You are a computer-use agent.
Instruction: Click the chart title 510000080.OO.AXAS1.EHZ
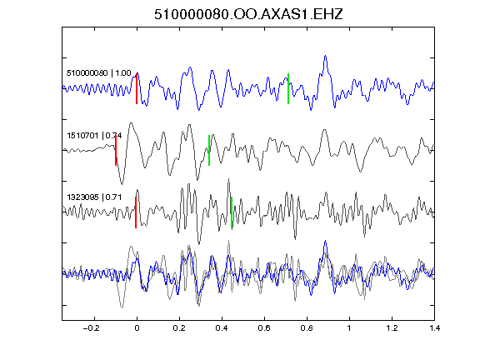248,14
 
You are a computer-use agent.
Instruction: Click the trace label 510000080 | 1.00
99,73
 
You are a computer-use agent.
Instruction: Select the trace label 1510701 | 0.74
94,135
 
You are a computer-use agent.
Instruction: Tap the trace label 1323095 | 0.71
94,197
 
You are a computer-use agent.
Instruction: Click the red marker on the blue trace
137,89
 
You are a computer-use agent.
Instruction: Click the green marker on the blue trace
288,89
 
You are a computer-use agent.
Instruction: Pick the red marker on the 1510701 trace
116,151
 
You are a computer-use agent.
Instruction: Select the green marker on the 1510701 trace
209,151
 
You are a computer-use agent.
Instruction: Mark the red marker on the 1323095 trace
136,212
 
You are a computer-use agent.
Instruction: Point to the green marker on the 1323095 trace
232,212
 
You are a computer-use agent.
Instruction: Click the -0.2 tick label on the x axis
92,328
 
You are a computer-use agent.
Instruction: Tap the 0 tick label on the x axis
137,328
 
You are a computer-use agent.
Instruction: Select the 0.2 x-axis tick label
179,328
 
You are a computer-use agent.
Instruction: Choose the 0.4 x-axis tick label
222,328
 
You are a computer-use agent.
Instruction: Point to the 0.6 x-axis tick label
264,328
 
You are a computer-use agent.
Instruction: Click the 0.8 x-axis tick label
307,328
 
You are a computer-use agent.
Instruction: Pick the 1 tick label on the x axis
349,328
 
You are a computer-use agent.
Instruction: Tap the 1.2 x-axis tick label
392,328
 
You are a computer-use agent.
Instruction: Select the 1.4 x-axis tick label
434,328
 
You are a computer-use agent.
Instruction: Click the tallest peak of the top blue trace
325,56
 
